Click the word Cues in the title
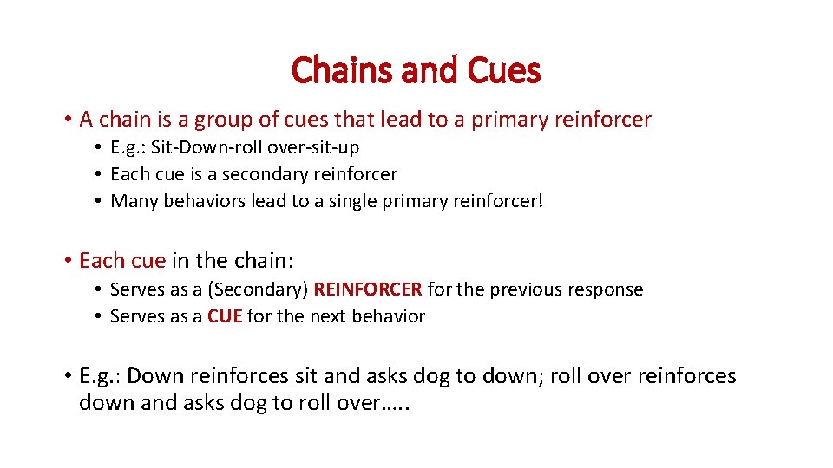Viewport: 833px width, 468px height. point(503,70)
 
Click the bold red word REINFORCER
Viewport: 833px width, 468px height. point(368,289)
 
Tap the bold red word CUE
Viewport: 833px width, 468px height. point(225,316)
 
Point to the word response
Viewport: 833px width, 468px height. point(607,289)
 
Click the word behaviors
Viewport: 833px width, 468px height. point(204,201)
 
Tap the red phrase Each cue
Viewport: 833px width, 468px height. point(121,260)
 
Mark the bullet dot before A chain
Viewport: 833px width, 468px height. point(67,120)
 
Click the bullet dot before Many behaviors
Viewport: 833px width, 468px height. point(100,202)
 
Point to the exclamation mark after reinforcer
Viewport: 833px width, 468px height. point(540,201)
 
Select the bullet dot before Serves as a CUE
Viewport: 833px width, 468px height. point(100,317)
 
